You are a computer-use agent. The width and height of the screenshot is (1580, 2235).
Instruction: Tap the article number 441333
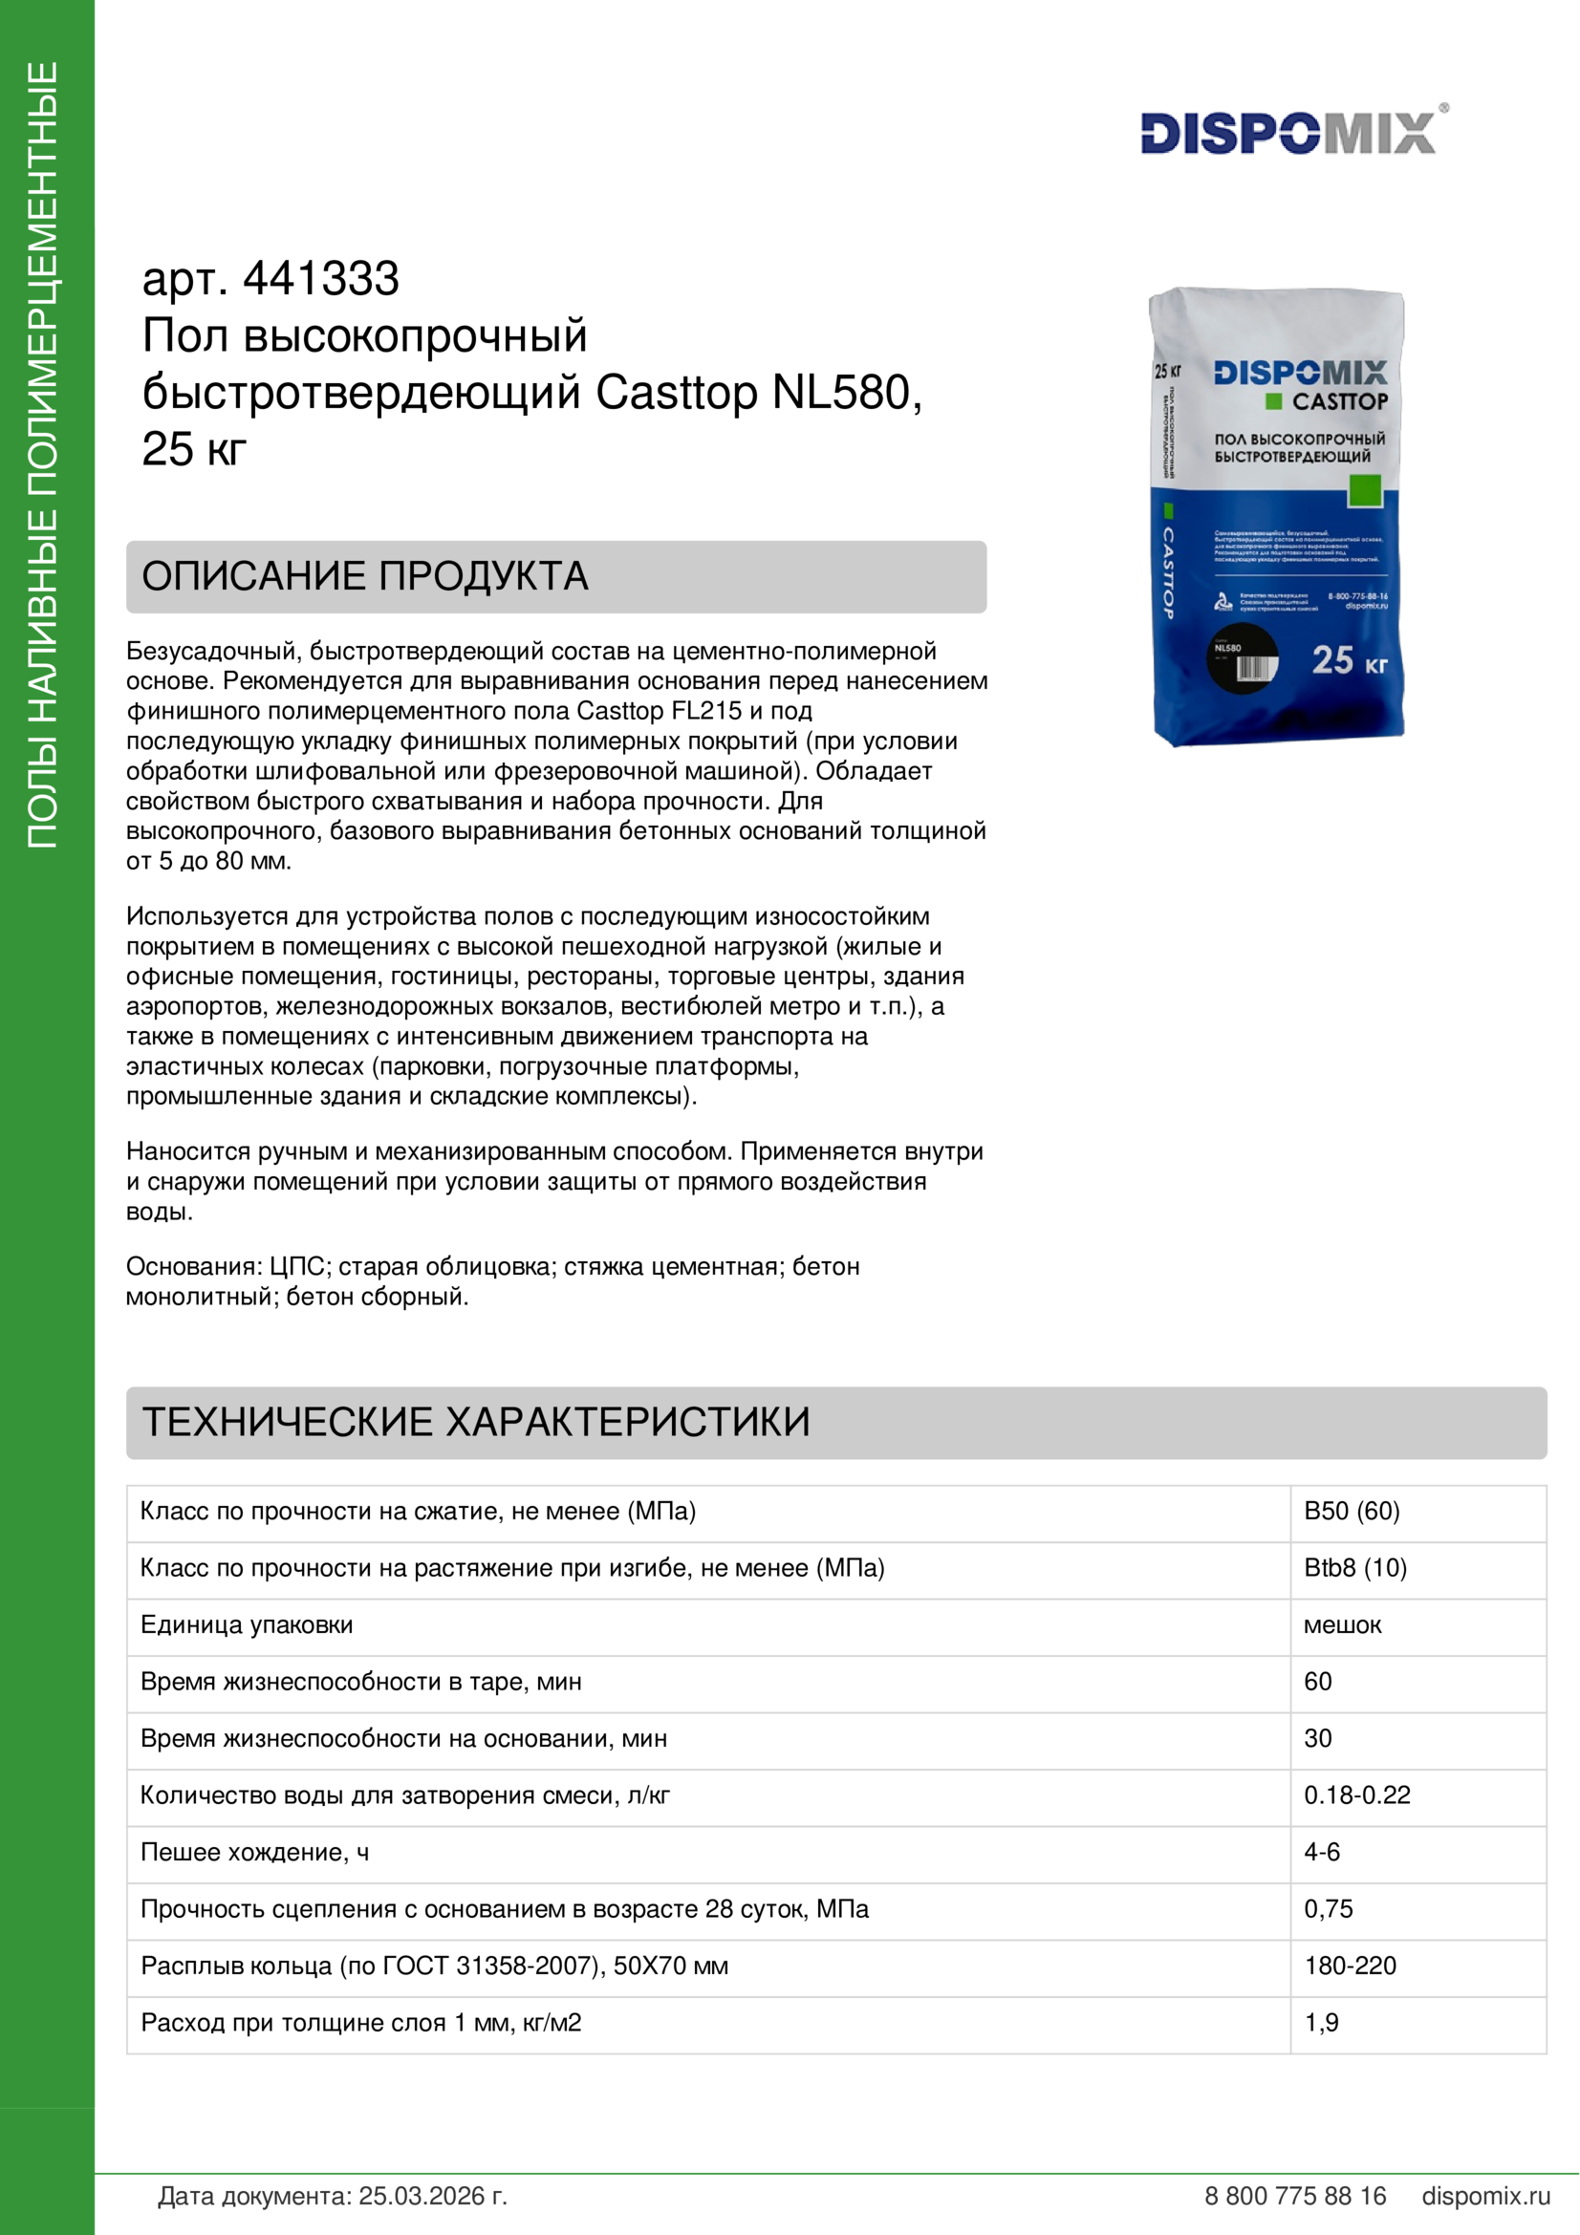(320, 279)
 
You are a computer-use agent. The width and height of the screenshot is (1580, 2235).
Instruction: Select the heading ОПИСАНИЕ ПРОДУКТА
(365, 576)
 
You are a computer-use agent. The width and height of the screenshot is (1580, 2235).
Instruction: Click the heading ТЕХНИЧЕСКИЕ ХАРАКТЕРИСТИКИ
(476, 1422)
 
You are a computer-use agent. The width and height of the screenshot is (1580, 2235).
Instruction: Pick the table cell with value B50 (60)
(1352, 1512)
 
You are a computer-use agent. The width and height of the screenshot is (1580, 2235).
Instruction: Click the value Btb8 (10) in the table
(1355, 1568)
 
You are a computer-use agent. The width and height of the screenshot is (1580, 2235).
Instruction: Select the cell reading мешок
(1342, 1624)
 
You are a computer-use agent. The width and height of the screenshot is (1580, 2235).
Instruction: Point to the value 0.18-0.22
(1357, 1795)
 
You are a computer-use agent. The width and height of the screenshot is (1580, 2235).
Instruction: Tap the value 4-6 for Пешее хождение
(1322, 1852)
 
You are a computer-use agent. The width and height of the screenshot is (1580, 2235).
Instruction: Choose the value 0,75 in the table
(1328, 1909)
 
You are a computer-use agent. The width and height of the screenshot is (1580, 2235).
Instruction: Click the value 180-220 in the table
(1351, 1966)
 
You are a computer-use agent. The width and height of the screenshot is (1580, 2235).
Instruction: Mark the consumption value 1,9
(1321, 2023)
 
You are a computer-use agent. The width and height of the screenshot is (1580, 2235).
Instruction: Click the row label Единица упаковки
(247, 1624)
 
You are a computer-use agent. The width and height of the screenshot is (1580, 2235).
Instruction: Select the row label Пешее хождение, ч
(254, 1852)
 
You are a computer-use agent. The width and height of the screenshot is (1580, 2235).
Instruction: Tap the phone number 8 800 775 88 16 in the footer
(1295, 2196)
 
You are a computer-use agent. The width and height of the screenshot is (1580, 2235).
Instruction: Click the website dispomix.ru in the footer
(1485, 2196)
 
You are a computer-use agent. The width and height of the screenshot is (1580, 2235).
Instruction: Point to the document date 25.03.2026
(432, 2196)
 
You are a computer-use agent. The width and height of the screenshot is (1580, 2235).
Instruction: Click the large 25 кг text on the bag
(1349, 661)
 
